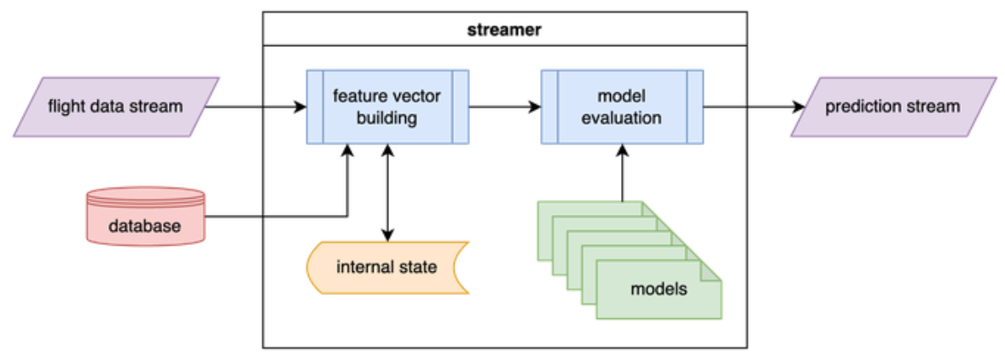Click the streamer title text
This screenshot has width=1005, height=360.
[504, 29]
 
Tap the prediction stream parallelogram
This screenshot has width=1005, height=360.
[892, 107]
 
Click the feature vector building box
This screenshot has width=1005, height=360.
[386, 107]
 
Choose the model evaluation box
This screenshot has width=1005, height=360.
[621, 107]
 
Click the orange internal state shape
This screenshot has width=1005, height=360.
[386, 267]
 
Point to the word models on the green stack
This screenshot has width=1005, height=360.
[659, 288]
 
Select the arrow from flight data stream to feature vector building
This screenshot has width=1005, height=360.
[256, 107]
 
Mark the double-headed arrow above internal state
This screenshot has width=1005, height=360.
[388, 192]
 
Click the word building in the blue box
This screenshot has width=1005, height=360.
[386, 118]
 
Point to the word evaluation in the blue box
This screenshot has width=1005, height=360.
[621, 118]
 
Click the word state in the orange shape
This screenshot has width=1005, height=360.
[419, 267]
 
